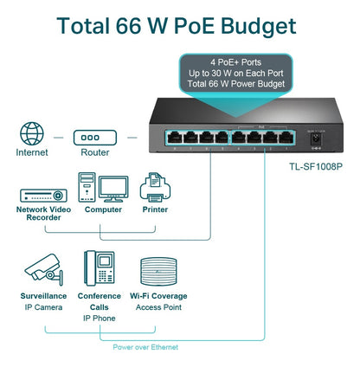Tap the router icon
(94, 137)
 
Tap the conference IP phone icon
(100, 269)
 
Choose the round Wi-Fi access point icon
(157, 269)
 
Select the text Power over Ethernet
(145, 346)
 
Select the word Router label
(94, 152)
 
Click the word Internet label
(33, 152)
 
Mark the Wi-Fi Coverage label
(157, 296)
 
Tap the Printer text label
(157, 209)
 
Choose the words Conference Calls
(100, 301)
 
